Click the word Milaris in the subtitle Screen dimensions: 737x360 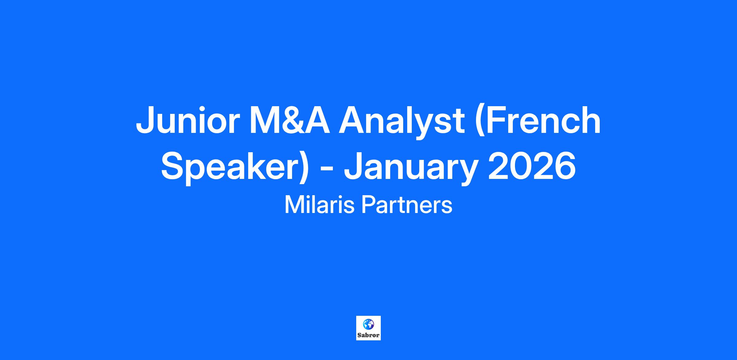tap(320, 205)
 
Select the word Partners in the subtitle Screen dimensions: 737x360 tap(407, 205)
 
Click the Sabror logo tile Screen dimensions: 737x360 tap(368, 328)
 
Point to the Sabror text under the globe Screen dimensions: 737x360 tap(368, 335)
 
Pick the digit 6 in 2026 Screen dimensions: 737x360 tap(566, 166)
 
